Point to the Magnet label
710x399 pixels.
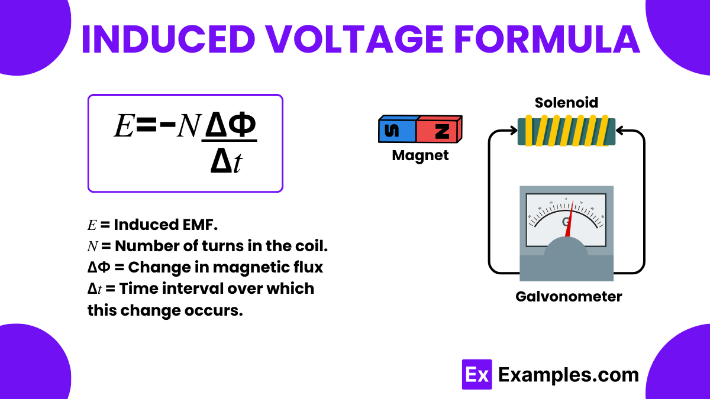pyautogui.click(x=420, y=155)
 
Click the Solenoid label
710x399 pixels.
pyautogui.click(x=566, y=102)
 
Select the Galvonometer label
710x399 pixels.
pyautogui.click(x=569, y=296)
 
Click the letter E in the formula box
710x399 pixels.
pyautogui.click(x=124, y=126)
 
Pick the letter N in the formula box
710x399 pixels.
pyautogui.click(x=188, y=126)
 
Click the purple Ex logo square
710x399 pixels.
pyautogui.click(x=476, y=374)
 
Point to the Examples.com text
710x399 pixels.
pyautogui.click(x=568, y=374)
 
